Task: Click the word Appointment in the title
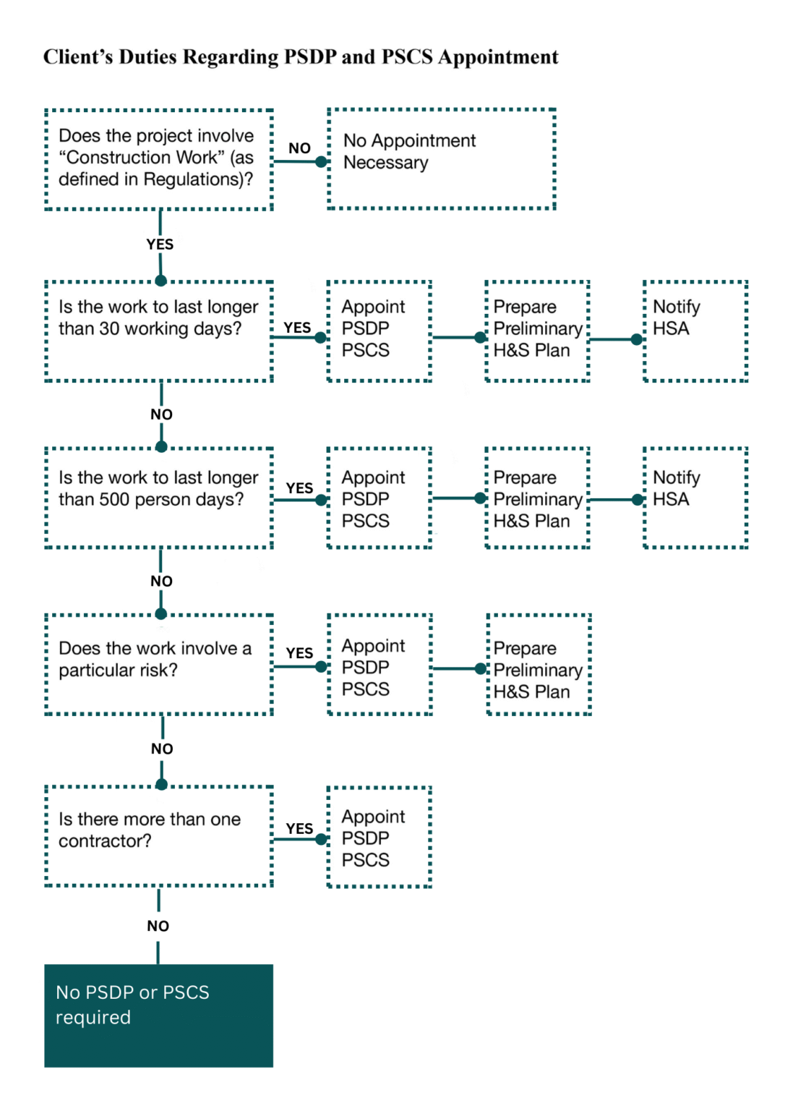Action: (498, 57)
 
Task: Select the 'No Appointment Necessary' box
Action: (441, 159)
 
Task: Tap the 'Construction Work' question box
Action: (158, 159)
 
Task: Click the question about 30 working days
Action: (158, 331)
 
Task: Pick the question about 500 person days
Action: (158, 498)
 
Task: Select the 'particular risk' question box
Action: (158, 664)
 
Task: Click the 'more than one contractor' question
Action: (158, 835)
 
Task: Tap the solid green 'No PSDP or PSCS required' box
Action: (158, 1015)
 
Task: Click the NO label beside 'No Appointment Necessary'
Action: (299, 148)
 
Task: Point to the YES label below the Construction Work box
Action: (160, 244)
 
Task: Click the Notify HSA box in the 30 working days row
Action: (695, 331)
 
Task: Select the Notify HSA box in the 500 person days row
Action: (695, 498)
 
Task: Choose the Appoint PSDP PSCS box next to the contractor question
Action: (379, 837)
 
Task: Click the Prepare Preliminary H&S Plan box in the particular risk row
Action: (539, 665)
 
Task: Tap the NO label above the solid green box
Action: (158, 926)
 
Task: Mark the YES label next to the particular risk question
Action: (299, 653)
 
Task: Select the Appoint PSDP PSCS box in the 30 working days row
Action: (379, 331)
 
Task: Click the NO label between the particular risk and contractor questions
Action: (162, 749)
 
